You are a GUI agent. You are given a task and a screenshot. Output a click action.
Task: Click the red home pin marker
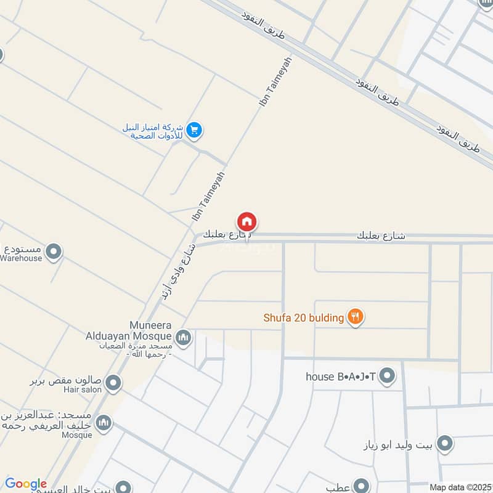(x=246, y=222)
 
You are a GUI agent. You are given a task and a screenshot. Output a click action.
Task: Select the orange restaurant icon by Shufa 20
(x=355, y=317)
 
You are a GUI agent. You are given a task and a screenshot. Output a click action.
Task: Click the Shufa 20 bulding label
(x=303, y=318)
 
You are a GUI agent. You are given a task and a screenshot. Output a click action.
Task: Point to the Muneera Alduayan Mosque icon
(x=183, y=338)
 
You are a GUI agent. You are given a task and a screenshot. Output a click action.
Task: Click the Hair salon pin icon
(x=113, y=384)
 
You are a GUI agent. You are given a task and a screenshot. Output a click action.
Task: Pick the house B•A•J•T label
(x=340, y=375)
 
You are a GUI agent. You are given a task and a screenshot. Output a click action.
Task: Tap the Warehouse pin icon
(x=54, y=251)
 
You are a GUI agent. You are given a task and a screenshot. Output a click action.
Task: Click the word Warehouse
(x=21, y=259)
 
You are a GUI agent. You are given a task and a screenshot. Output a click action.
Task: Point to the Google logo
(x=25, y=484)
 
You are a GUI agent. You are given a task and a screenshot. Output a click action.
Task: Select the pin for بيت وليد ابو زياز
(x=444, y=444)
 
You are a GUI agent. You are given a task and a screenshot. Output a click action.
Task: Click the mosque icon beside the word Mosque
(x=104, y=422)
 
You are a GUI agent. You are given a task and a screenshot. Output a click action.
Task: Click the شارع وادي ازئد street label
(x=179, y=272)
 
